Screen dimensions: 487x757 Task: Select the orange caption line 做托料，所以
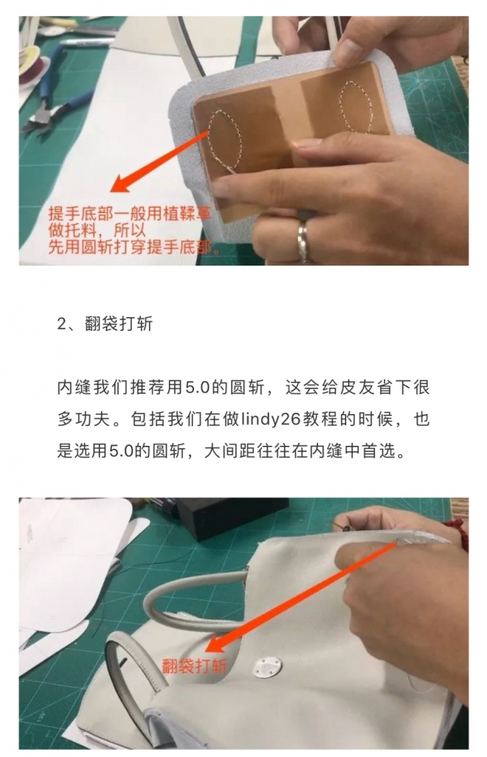tap(90, 231)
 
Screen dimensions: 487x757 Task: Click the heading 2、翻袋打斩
tap(105, 323)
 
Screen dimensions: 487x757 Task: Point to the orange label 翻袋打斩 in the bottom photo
tap(194, 666)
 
